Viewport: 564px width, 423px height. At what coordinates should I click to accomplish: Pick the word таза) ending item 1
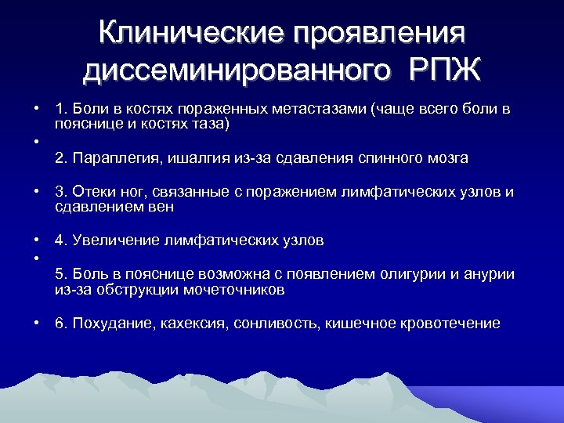pos(211,124)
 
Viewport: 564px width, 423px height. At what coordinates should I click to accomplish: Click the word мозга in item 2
pos(446,158)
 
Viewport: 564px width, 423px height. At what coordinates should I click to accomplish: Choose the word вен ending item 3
pos(162,207)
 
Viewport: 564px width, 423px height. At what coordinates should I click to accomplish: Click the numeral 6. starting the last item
pos(61,324)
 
